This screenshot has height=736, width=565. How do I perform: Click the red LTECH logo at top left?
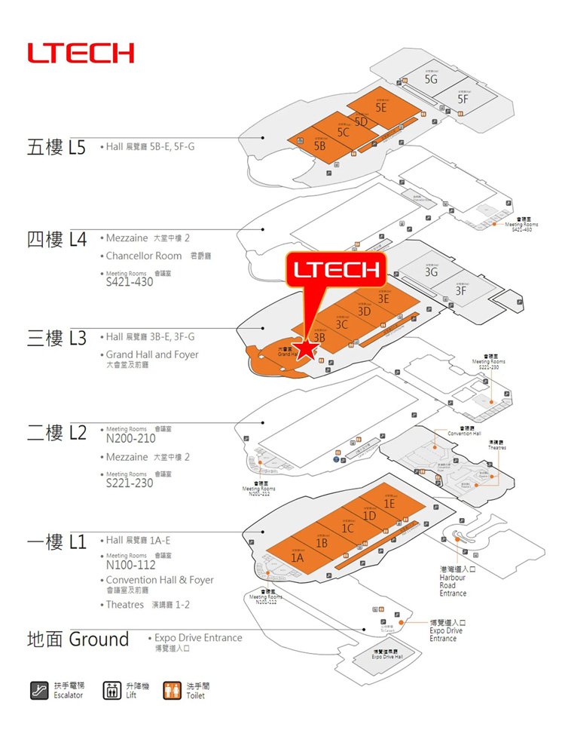[x=81, y=53]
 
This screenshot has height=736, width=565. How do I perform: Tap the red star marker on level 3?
[x=305, y=349]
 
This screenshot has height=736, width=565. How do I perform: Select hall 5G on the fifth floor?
[x=431, y=78]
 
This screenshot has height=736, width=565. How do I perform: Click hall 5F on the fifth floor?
[x=463, y=99]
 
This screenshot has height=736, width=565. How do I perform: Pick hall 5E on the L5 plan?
[x=381, y=108]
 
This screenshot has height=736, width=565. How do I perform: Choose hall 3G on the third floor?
[x=431, y=272]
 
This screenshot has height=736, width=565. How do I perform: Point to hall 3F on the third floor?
[x=461, y=291]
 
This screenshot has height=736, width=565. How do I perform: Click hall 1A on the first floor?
[x=298, y=558]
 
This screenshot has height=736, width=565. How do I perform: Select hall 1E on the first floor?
[x=389, y=503]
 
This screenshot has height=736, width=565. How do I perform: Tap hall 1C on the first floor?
[x=347, y=529]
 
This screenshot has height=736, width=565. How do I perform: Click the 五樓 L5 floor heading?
[x=56, y=146]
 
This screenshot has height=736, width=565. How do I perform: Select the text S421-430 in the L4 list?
[x=130, y=283]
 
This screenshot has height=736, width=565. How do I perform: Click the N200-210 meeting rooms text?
[x=131, y=438]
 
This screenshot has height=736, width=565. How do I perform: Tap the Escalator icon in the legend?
[x=39, y=690]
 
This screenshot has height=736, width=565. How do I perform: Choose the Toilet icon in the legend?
[x=173, y=690]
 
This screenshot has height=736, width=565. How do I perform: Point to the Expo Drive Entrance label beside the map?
[x=446, y=630]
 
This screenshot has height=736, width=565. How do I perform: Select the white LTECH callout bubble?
[x=335, y=269]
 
